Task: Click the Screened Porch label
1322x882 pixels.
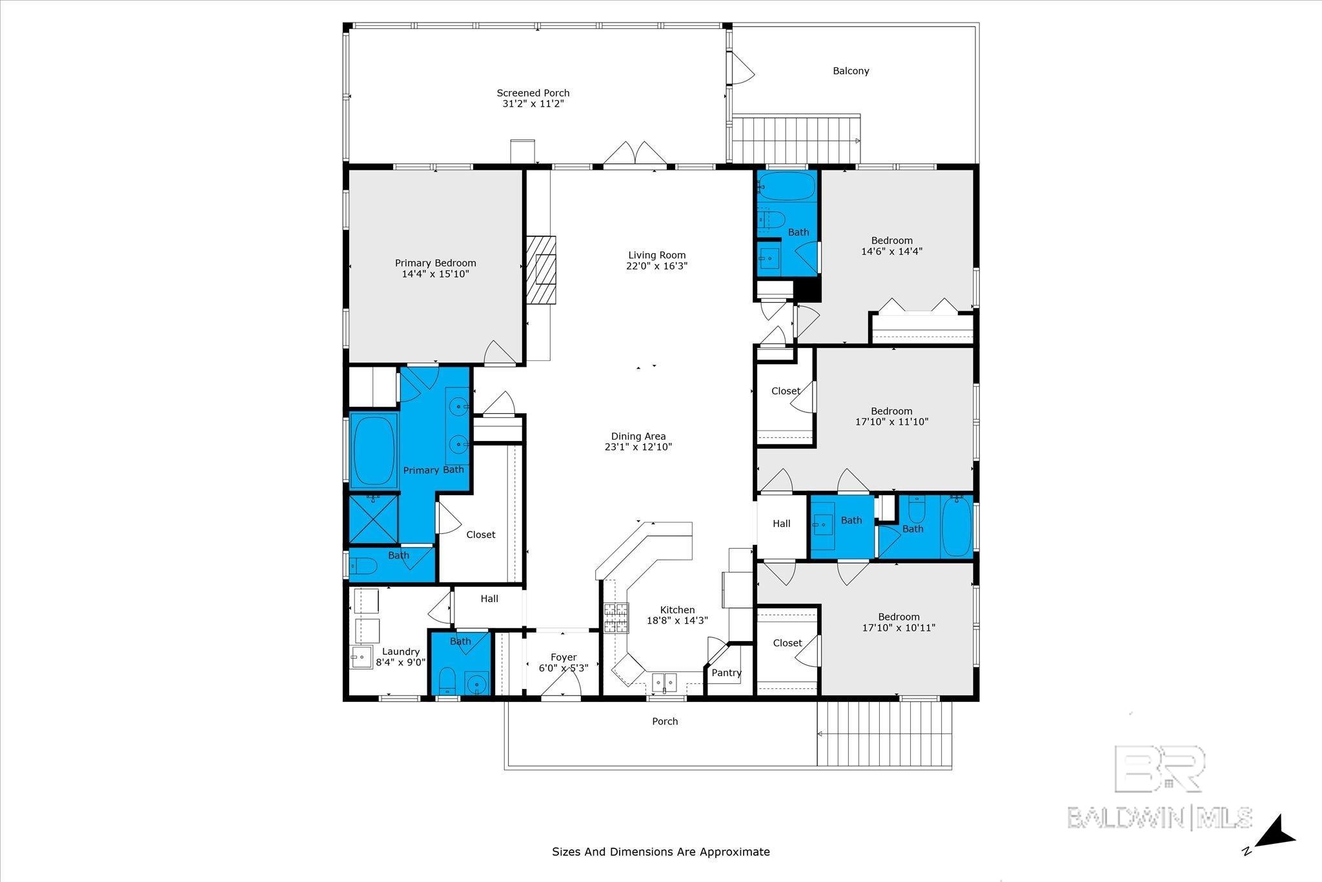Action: (533, 93)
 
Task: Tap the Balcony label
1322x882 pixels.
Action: (851, 71)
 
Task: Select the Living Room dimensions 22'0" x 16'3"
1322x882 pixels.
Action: (656, 265)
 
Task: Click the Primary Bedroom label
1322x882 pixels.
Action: (436, 263)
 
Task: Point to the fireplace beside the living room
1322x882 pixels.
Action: (541, 269)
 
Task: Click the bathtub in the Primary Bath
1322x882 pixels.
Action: (374, 450)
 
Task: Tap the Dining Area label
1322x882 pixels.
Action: (638, 436)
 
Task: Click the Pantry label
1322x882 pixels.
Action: (726, 673)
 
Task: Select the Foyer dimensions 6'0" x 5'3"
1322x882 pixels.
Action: (564, 668)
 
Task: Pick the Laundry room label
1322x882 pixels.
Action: (401, 652)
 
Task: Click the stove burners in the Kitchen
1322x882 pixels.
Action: (616, 618)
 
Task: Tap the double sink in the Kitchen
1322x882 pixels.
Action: (664, 681)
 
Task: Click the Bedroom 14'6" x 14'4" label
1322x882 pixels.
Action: (892, 240)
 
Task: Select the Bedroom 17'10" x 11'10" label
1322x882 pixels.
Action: (891, 411)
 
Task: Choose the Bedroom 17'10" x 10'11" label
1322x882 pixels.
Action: (899, 617)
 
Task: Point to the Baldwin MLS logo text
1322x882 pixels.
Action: (1160, 817)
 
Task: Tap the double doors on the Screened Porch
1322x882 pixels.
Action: (635, 153)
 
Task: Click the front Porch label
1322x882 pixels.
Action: (665, 721)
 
